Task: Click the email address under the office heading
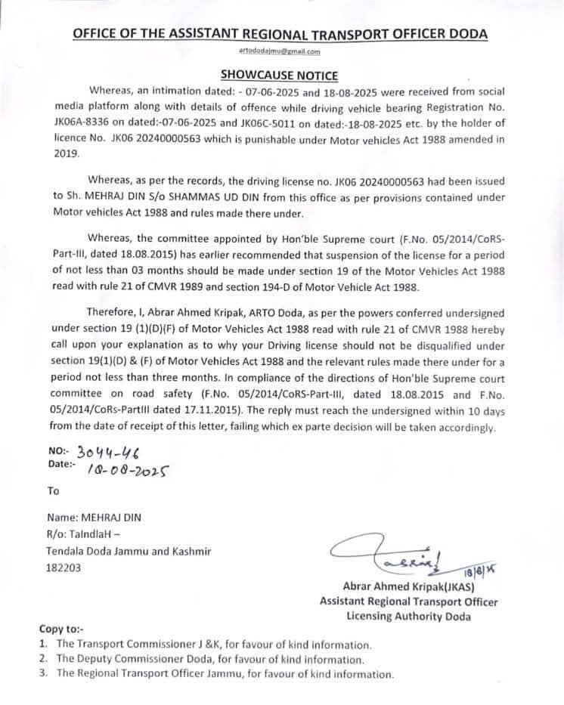(280, 51)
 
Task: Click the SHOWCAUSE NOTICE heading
(279, 75)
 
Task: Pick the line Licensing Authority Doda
(408, 616)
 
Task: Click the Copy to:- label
(61, 629)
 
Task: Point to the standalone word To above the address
(53, 490)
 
